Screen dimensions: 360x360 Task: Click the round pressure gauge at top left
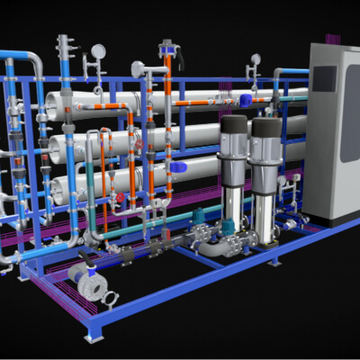click(x=98, y=51)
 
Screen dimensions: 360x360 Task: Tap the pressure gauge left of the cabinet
click(x=256, y=60)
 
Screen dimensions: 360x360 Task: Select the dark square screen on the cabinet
click(x=325, y=79)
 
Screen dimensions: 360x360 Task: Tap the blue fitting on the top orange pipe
click(x=245, y=99)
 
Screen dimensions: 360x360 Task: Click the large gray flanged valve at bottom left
click(x=91, y=283)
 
